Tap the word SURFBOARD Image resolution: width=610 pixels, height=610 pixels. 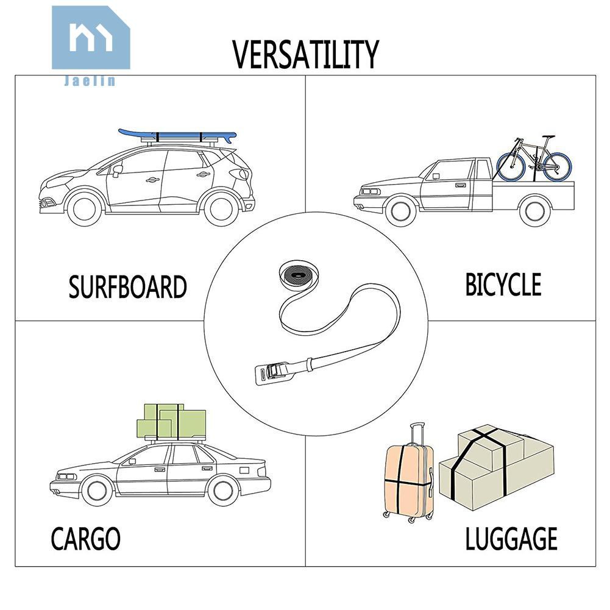point(127,287)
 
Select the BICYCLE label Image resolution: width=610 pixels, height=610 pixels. point(503,285)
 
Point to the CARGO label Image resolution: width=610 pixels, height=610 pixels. point(85,539)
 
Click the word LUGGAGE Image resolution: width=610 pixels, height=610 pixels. point(511,539)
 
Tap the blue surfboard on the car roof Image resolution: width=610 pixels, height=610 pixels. point(177,136)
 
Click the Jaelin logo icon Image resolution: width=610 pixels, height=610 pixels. point(91,38)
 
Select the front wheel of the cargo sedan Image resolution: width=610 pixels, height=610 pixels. point(97,491)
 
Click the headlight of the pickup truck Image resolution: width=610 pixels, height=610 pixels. point(369,192)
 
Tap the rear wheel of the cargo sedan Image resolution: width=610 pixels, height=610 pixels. point(223,491)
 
